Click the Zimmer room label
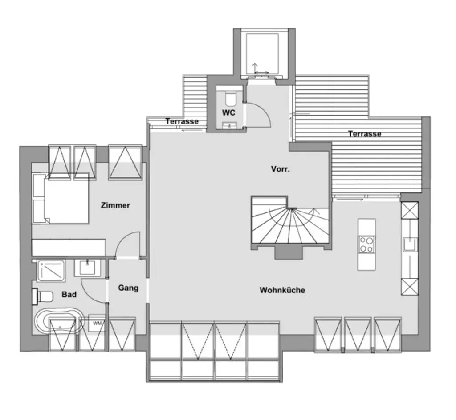[x=115, y=205]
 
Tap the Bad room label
[x=69, y=294]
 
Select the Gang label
[x=128, y=288]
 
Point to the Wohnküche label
[x=282, y=290]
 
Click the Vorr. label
[x=281, y=169]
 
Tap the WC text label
[x=228, y=113]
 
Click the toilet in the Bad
[x=43, y=296]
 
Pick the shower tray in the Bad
[x=52, y=271]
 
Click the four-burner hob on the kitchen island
[x=366, y=244]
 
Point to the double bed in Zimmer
[x=61, y=198]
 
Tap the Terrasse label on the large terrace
[x=365, y=133]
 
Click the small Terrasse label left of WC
[x=182, y=121]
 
